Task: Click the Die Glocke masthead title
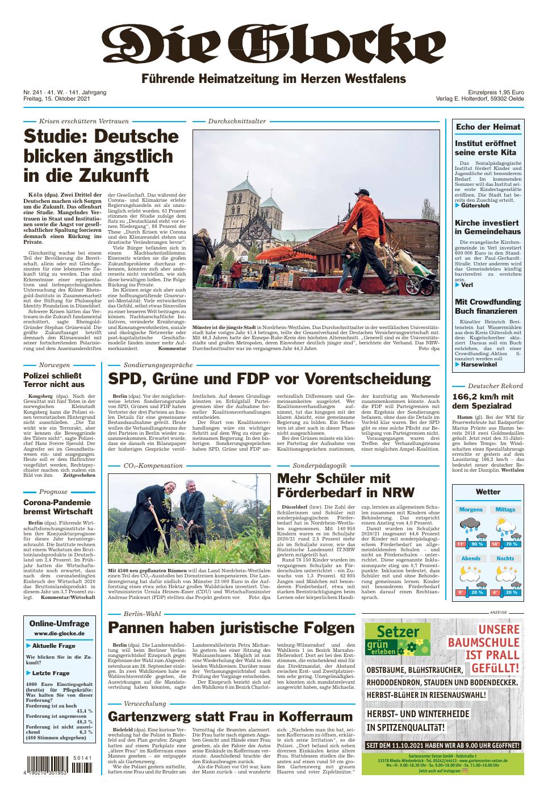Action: coord(273,43)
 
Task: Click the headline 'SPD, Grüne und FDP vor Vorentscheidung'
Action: coord(269,379)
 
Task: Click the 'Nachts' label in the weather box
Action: coord(505,558)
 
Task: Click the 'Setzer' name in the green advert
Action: coord(391,632)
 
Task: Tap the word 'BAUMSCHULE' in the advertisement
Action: coord(483,643)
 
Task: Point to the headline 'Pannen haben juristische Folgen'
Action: coord(231,628)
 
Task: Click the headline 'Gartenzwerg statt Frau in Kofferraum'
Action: coord(230,715)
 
